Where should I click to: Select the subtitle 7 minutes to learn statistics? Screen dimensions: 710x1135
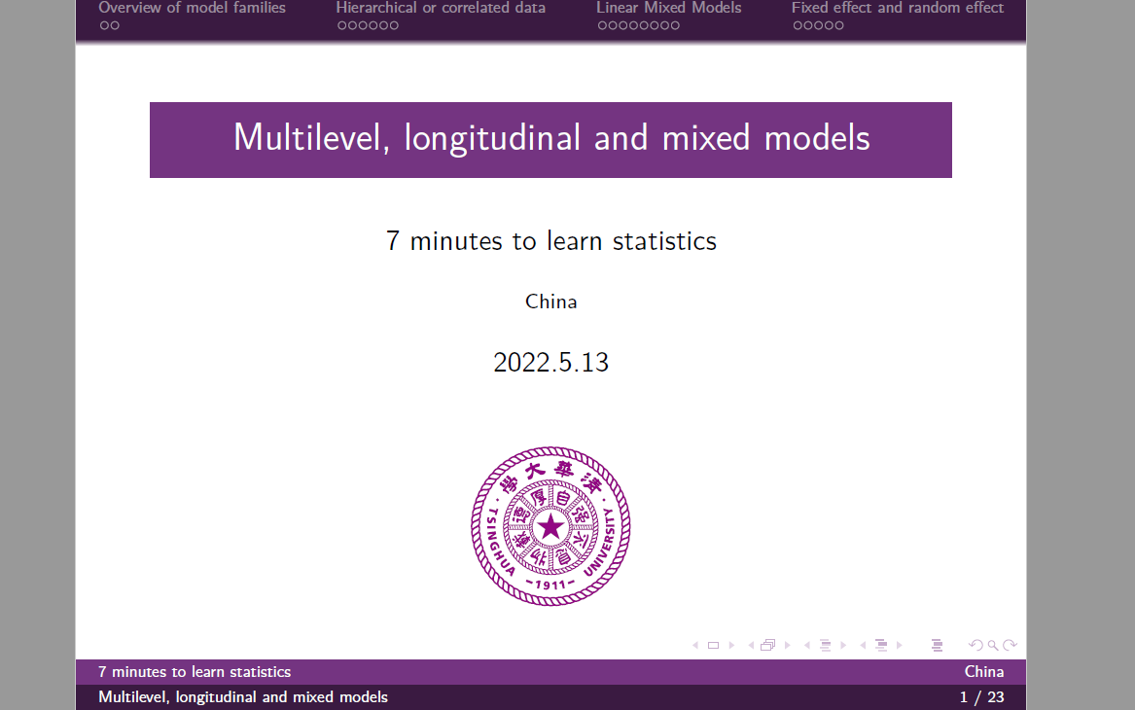(551, 241)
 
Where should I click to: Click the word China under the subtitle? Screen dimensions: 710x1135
(551, 302)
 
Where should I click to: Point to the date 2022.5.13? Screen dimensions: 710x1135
(551, 363)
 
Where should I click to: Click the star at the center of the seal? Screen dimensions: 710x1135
(550, 528)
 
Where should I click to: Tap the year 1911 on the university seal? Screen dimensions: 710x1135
(550, 584)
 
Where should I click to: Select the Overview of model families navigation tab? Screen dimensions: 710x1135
(193, 8)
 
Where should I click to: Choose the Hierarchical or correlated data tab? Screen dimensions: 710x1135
(441, 8)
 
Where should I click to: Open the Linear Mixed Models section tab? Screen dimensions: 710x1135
(669, 8)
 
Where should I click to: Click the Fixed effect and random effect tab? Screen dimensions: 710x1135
(898, 8)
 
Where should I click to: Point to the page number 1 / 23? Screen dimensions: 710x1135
(981, 697)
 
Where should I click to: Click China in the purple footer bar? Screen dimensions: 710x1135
(984, 672)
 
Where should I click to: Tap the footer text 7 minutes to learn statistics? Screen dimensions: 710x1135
(195, 672)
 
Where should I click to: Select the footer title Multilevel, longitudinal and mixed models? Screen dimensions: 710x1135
(243, 697)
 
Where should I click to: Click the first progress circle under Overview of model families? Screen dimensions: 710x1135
(104, 26)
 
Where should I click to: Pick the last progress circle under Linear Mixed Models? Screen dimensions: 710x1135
(675, 26)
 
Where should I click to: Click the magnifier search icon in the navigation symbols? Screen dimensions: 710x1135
(993, 645)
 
